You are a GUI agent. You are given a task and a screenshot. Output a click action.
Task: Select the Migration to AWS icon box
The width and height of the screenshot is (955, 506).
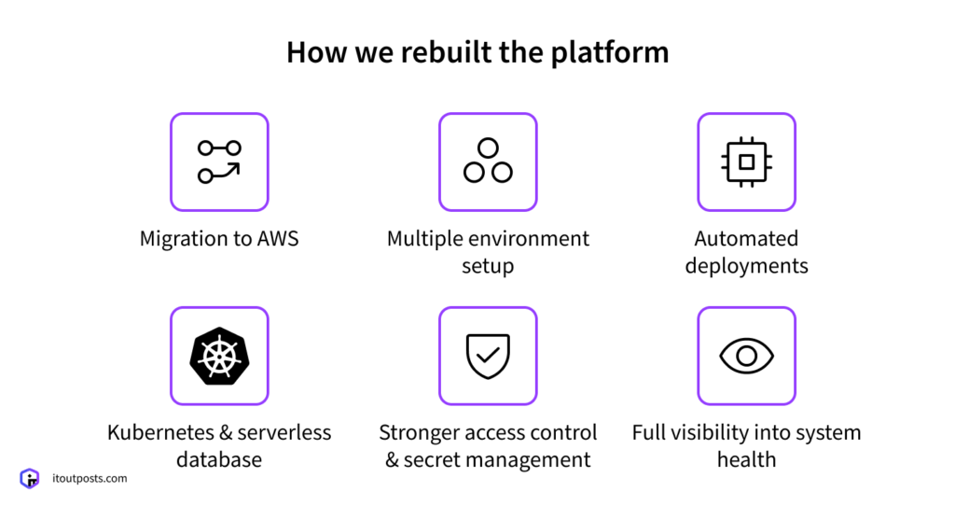click(219, 162)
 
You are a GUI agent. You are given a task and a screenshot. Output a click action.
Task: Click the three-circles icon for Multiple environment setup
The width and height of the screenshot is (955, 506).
click(488, 162)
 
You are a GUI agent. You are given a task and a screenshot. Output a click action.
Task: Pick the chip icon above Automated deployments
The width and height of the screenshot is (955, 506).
click(746, 162)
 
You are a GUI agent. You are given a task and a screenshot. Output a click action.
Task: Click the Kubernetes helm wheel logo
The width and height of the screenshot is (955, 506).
click(219, 357)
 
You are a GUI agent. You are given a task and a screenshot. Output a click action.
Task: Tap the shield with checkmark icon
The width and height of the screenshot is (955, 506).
click(488, 357)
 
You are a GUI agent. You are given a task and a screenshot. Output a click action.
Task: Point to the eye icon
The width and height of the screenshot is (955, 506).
click(746, 357)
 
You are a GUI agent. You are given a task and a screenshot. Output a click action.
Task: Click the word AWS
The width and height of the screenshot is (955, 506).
click(278, 238)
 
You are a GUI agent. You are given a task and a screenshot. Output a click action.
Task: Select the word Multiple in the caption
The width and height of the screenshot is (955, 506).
click(427, 238)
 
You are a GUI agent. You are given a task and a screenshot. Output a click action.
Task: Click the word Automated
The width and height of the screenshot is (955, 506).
click(746, 238)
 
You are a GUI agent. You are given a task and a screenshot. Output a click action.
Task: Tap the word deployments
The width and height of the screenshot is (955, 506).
click(746, 266)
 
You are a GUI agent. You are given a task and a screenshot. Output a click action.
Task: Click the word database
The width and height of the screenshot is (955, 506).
click(219, 460)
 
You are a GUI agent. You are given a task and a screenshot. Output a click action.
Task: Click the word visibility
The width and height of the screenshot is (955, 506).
click(711, 432)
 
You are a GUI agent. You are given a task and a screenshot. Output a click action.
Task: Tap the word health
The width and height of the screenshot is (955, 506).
click(746, 460)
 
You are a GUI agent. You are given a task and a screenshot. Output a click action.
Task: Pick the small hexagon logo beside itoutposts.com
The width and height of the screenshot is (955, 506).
click(30, 478)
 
